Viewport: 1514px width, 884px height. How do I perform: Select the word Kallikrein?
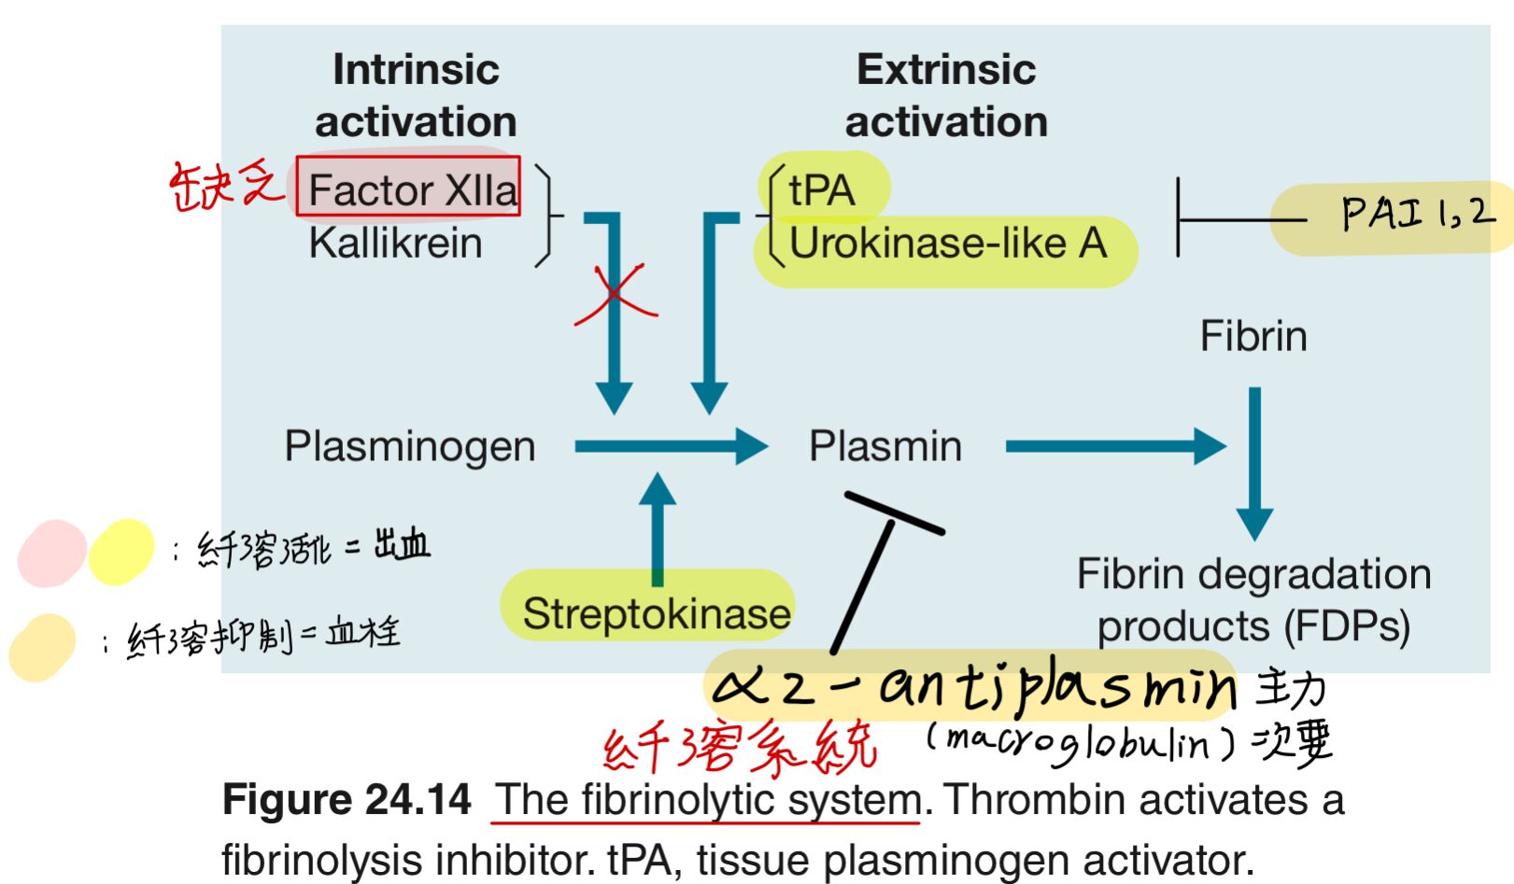pyautogui.click(x=395, y=243)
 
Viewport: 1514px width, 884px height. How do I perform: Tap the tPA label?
pyautogui.click(x=821, y=190)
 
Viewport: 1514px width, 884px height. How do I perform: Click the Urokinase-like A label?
pyautogui.click(x=947, y=244)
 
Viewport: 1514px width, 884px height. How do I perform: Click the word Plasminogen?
pyautogui.click(x=409, y=446)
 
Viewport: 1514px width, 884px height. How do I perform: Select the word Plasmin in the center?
pyautogui.click(x=884, y=446)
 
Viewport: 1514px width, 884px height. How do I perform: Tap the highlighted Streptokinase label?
pyautogui.click(x=656, y=613)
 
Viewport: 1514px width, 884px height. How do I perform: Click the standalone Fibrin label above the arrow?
pyautogui.click(x=1252, y=336)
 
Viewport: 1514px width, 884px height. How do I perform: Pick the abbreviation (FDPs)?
pyautogui.click(x=1346, y=626)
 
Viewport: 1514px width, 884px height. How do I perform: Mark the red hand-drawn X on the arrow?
pyautogui.click(x=615, y=293)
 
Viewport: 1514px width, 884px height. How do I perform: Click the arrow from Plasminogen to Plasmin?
pyautogui.click(x=670, y=446)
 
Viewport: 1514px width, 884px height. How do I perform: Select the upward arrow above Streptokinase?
pyautogui.click(x=658, y=527)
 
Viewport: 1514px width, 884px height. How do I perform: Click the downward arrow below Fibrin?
pyautogui.click(x=1254, y=462)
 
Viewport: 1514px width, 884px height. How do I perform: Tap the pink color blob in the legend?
pyautogui.click(x=52, y=553)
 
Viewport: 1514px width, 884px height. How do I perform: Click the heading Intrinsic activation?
pyautogui.click(x=415, y=95)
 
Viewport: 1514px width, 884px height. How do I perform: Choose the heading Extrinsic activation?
pyautogui.click(x=945, y=95)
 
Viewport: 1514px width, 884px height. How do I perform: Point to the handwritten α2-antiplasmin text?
pyautogui.click(x=971, y=686)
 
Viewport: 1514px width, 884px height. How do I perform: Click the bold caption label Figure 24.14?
pyautogui.click(x=347, y=800)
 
